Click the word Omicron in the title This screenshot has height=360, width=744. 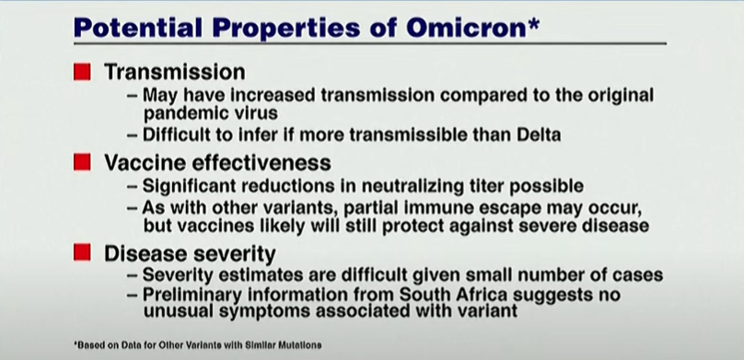(x=467, y=28)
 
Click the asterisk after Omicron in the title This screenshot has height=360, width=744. (x=533, y=24)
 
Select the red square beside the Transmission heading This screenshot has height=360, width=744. (x=82, y=72)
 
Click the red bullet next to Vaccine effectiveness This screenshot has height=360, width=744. (x=82, y=162)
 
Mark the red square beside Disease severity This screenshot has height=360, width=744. (x=82, y=252)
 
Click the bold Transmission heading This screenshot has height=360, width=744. (x=175, y=72)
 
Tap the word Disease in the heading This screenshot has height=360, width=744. (x=142, y=253)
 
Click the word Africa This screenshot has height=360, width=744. (x=487, y=295)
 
